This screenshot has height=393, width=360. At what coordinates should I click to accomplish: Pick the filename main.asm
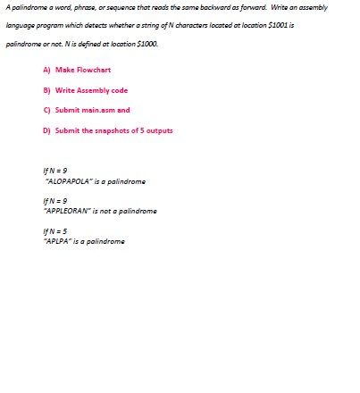(96, 110)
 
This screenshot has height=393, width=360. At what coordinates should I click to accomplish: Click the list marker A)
(46, 70)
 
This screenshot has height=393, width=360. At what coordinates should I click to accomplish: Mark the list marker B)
(46, 90)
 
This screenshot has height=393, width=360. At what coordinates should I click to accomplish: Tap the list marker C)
(46, 110)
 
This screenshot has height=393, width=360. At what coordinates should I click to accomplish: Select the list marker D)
(46, 130)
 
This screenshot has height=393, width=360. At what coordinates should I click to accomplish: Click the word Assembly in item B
(88, 90)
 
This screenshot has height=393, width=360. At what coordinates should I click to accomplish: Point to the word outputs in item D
(161, 130)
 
